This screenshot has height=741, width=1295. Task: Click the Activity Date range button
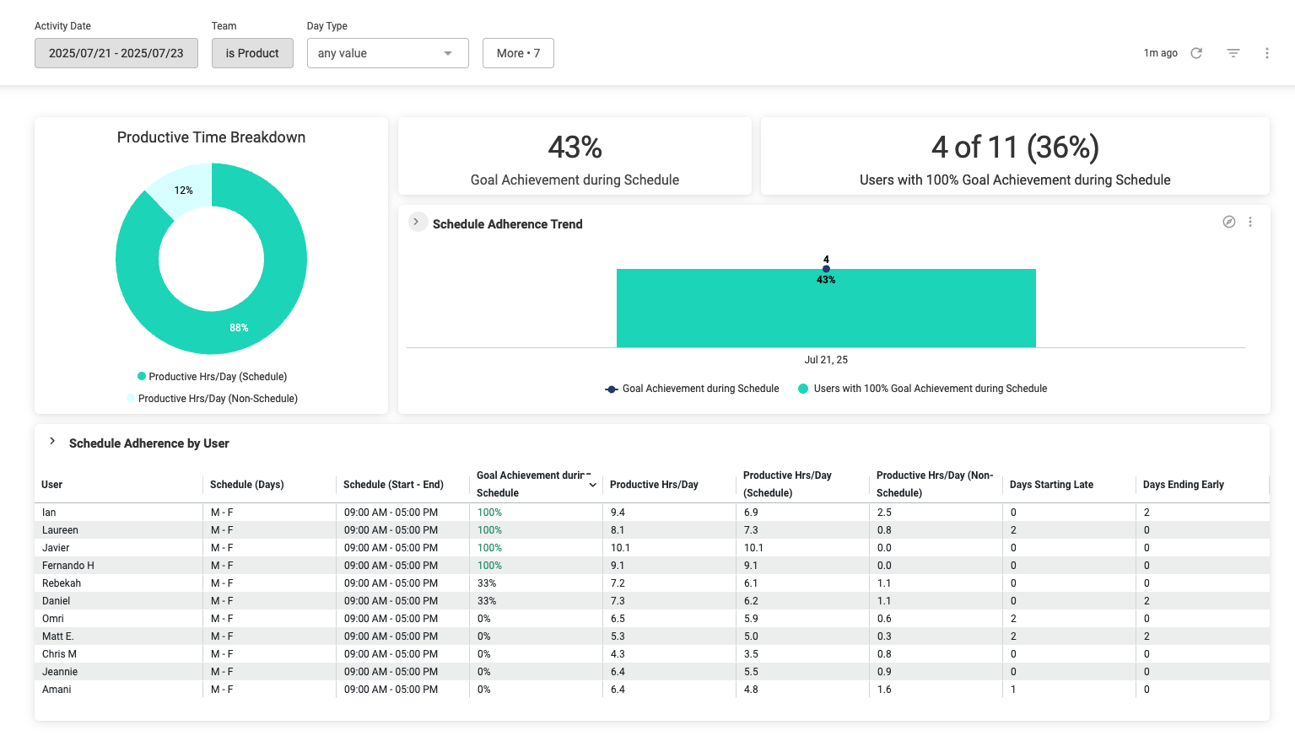[x=116, y=53]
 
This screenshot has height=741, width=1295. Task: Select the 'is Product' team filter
[x=252, y=53]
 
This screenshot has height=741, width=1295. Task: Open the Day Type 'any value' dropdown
[x=387, y=53]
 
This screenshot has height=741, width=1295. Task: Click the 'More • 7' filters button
[x=518, y=53]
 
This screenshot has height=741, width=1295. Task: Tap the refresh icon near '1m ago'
[x=1196, y=53]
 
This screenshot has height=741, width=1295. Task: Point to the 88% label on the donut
[x=239, y=328]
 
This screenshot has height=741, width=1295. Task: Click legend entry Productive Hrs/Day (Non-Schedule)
[x=218, y=399]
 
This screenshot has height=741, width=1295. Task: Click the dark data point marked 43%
[x=826, y=269]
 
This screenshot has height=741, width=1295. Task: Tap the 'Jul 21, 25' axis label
[x=826, y=360]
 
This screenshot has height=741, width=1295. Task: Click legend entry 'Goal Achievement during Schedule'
[x=700, y=389]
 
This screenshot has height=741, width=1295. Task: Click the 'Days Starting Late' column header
[x=1051, y=485]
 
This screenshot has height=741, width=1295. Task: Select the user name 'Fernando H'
[x=68, y=566]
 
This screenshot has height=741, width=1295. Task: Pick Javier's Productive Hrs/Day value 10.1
[x=620, y=548]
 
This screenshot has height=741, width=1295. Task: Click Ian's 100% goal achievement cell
[x=489, y=513]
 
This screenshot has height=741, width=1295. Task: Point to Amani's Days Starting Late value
[x=1013, y=690]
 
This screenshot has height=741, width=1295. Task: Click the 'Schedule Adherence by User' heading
[x=149, y=443]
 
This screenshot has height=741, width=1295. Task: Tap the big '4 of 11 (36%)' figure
[x=1015, y=148]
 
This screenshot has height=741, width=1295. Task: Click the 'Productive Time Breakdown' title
[x=211, y=137]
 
